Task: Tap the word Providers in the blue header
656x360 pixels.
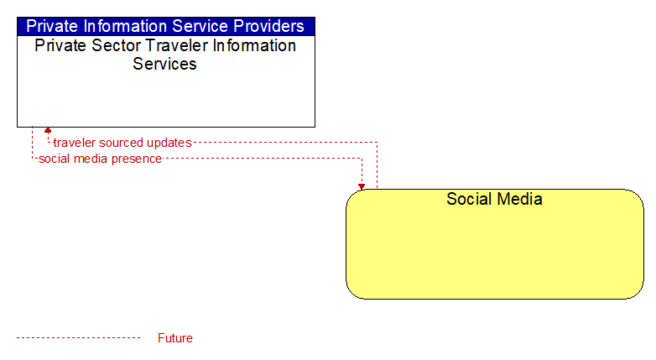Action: tap(268, 26)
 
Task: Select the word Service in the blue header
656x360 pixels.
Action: tap(200, 26)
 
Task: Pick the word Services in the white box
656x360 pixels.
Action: tap(164, 64)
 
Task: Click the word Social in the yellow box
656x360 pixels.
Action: tap(469, 199)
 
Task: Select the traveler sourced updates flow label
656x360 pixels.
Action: tap(122, 143)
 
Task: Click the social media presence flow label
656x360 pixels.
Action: tap(100, 159)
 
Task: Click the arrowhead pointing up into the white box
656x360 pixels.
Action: tap(48, 130)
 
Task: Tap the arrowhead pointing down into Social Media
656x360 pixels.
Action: tap(362, 186)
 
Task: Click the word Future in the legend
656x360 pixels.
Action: tap(175, 338)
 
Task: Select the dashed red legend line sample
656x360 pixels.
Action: tap(78, 338)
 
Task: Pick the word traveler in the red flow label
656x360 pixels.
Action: tap(75, 143)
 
